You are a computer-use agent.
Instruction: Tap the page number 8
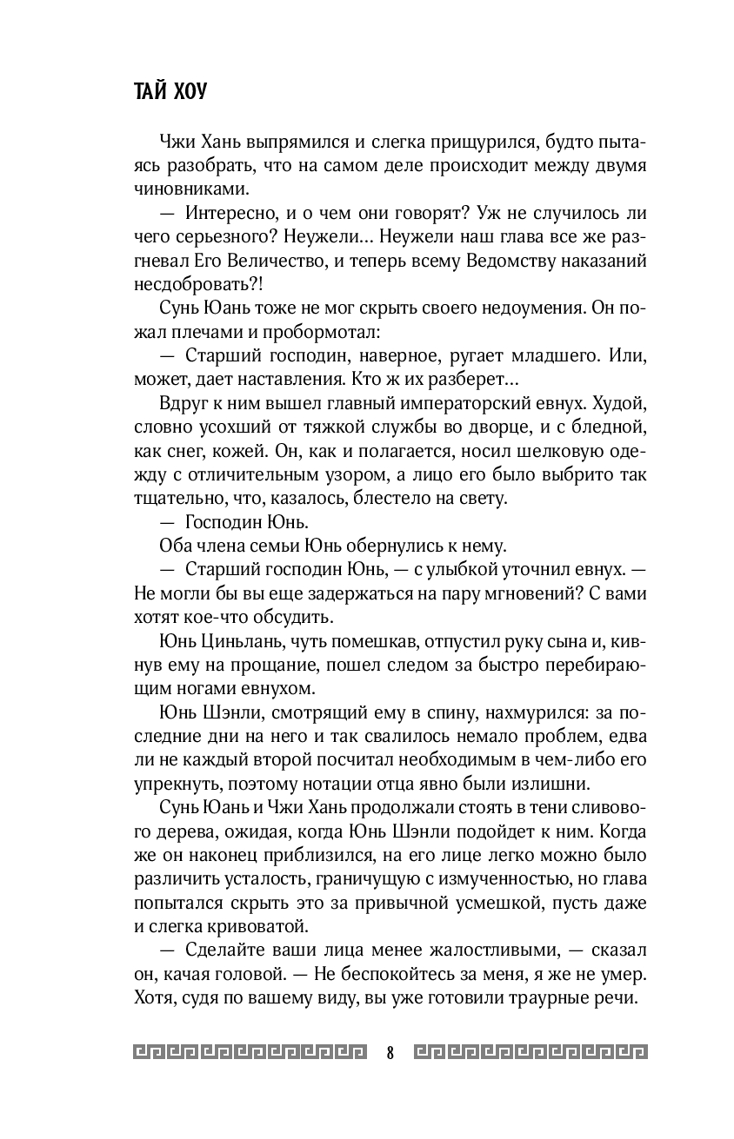point(390,1053)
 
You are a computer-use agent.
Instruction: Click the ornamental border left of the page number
point(251,1052)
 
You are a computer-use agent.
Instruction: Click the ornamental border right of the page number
point(530,1052)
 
